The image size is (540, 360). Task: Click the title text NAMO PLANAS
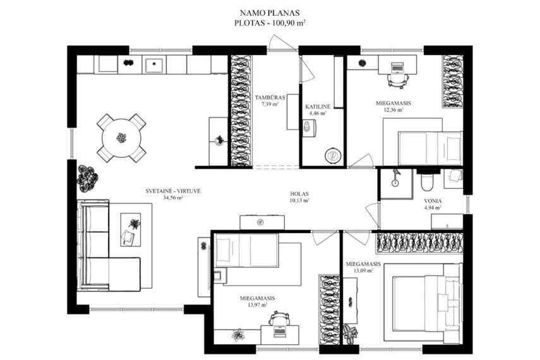point(270,13)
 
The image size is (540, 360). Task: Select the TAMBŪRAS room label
point(270,97)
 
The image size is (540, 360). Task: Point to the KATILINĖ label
point(318,107)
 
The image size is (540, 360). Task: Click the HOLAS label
point(299,194)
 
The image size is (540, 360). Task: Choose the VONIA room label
point(433,201)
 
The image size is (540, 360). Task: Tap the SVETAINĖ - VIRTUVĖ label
point(173,191)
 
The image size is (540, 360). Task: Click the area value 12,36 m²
point(393,110)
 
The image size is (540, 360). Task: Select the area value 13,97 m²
point(258,305)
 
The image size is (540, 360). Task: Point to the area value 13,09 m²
point(363,270)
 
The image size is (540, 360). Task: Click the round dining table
point(121,138)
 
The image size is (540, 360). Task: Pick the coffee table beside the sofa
point(131,229)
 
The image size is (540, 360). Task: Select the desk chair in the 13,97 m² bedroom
point(279,318)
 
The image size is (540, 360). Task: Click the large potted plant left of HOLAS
point(87,179)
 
